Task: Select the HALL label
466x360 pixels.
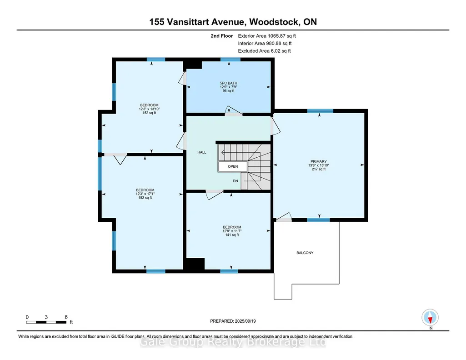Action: [x=202, y=152]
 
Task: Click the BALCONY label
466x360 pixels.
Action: [x=305, y=253]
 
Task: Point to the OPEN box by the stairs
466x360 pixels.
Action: [x=233, y=166]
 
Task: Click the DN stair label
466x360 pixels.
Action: [x=236, y=181]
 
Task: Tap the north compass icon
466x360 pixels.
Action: [x=430, y=318]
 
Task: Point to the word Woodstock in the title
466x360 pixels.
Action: [x=274, y=22]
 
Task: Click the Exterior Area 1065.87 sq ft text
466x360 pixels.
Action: [x=267, y=36]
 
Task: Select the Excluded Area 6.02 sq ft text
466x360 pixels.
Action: [x=264, y=51]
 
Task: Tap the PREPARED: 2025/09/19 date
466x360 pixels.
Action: [x=233, y=321]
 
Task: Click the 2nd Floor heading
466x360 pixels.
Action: [x=222, y=36]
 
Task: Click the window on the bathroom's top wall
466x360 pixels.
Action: [x=230, y=60]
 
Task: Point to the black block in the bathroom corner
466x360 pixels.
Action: [x=193, y=65]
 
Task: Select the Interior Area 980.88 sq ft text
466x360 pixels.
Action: [x=265, y=43]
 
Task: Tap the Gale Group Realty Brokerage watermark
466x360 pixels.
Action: [x=233, y=342]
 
